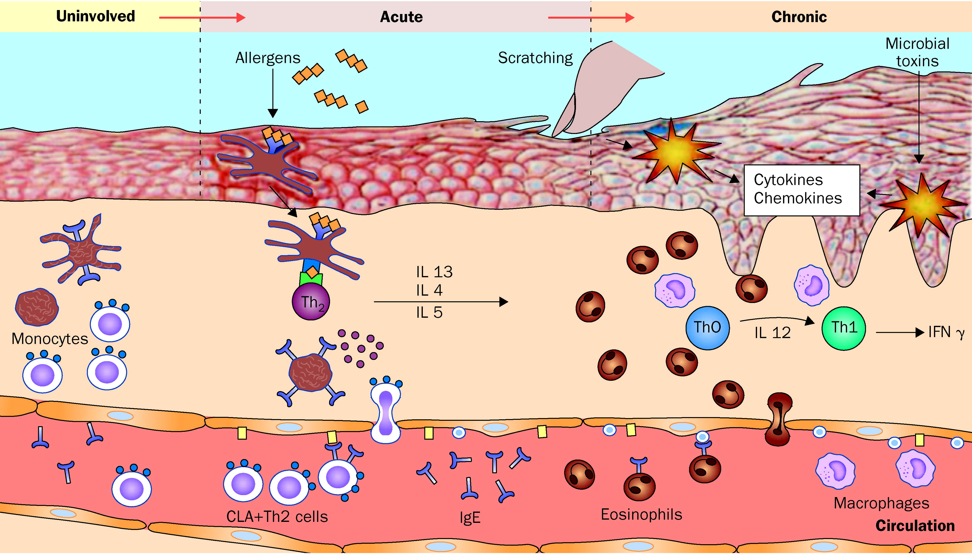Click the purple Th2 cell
click(x=311, y=302)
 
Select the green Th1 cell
click(x=844, y=328)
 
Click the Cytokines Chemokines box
click(x=802, y=190)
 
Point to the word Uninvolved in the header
click(x=95, y=16)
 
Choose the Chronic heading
click(x=799, y=17)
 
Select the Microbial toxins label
click(x=917, y=52)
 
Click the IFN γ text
click(x=946, y=332)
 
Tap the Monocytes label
click(x=49, y=339)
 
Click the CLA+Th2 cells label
click(x=277, y=517)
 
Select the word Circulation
click(x=915, y=526)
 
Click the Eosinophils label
click(x=641, y=515)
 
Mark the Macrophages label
click(x=881, y=503)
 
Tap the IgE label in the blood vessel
click(x=470, y=517)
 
